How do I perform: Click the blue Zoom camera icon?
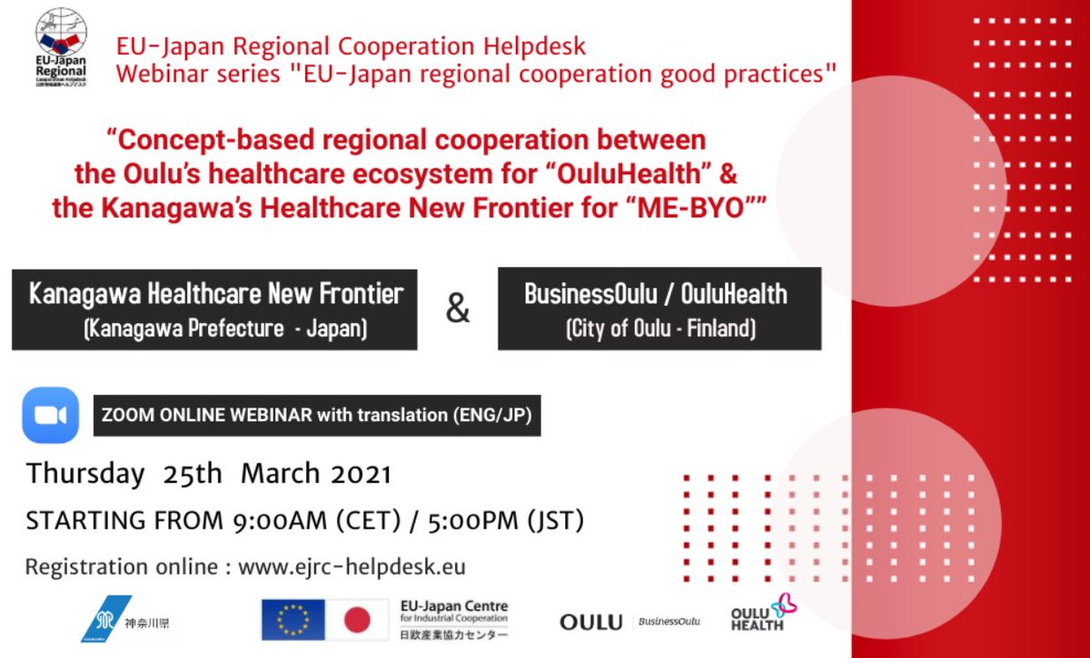click(x=51, y=415)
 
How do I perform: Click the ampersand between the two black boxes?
click(x=458, y=309)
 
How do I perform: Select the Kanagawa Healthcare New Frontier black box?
click(x=214, y=309)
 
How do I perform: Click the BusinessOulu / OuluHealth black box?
click(x=659, y=309)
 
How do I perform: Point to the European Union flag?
click(x=292, y=620)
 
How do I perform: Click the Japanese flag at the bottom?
click(x=357, y=620)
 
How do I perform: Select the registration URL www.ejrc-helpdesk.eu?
click(x=352, y=567)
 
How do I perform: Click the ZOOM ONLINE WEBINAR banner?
click(x=317, y=416)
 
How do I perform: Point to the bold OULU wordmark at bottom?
click(x=590, y=622)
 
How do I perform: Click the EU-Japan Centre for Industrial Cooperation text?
click(x=454, y=613)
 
